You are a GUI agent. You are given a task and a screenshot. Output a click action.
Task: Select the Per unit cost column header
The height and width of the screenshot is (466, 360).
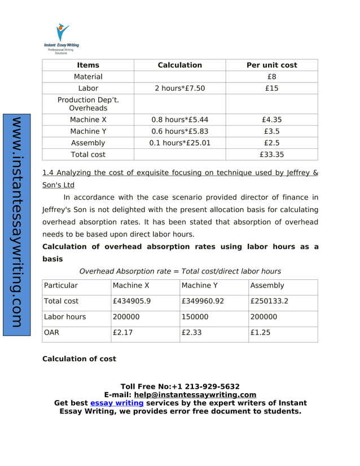(271, 65)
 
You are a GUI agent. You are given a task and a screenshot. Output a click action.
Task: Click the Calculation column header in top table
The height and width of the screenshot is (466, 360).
(179, 65)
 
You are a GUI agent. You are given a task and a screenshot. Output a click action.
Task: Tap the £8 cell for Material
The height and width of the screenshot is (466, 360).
(271, 77)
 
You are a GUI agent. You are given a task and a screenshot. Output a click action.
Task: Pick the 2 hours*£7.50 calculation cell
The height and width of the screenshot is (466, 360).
(179, 89)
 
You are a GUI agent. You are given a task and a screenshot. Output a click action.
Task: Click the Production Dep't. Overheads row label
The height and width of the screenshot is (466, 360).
(88, 104)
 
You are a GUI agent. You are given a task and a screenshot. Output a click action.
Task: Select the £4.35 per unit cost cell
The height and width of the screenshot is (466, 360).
(271, 120)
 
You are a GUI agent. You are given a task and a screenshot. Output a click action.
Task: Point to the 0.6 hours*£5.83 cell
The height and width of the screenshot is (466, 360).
(179, 131)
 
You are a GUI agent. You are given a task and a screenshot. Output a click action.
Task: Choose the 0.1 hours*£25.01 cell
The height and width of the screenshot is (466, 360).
(179, 143)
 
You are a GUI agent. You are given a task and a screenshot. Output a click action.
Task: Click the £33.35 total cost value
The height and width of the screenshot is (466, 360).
(271, 155)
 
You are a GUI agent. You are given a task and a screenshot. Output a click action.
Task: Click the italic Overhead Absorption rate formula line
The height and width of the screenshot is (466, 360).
(180, 271)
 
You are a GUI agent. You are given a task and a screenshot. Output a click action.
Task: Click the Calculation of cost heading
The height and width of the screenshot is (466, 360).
(79, 359)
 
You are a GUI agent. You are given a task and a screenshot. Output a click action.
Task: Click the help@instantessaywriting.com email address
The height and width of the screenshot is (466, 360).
(195, 395)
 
